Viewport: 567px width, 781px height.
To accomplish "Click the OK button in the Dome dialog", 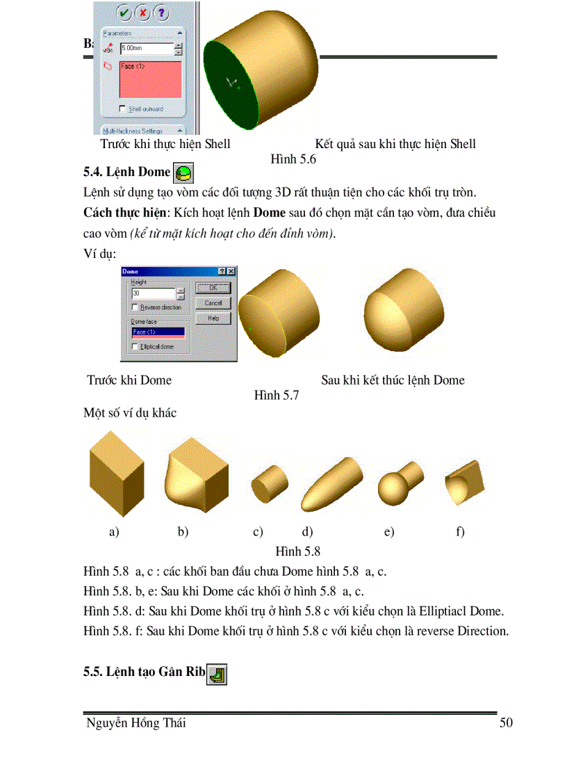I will click(x=213, y=287).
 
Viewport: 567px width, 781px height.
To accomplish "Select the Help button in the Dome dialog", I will click(x=213, y=318).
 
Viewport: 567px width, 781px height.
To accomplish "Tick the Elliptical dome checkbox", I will click(x=135, y=346).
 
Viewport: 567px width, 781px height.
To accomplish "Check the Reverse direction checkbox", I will click(x=135, y=307).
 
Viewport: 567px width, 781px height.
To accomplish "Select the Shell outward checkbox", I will click(x=123, y=108).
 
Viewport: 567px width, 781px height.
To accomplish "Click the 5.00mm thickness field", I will click(x=146, y=49).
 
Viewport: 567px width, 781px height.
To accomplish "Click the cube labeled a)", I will click(x=116, y=472).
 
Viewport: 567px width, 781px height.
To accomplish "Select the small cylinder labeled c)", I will click(x=268, y=481).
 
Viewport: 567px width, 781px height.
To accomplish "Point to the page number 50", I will click(x=506, y=723).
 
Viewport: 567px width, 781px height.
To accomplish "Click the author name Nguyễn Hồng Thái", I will click(x=135, y=723).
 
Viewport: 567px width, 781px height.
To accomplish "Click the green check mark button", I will click(x=124, y=12).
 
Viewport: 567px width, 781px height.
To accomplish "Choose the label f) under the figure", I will click(x=460, y=532).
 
